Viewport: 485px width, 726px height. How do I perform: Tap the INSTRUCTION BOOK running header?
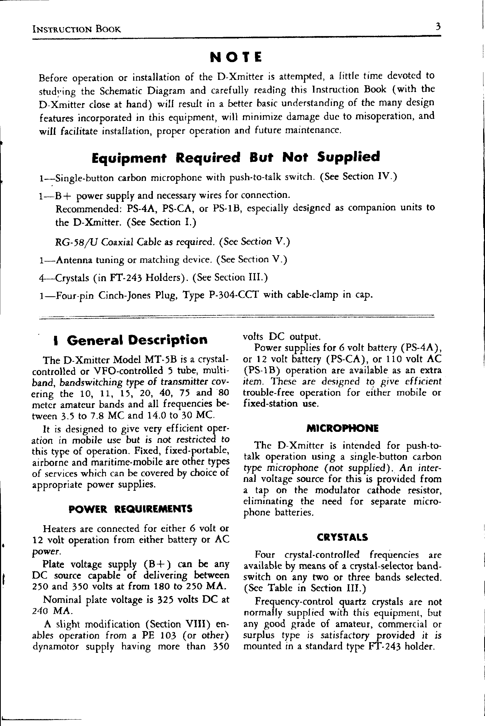[77, 29]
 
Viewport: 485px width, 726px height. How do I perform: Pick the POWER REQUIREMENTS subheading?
[130, 509]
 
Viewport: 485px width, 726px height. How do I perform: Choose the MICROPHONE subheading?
[342, 428]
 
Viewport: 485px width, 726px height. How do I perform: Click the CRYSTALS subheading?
[343, 537]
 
